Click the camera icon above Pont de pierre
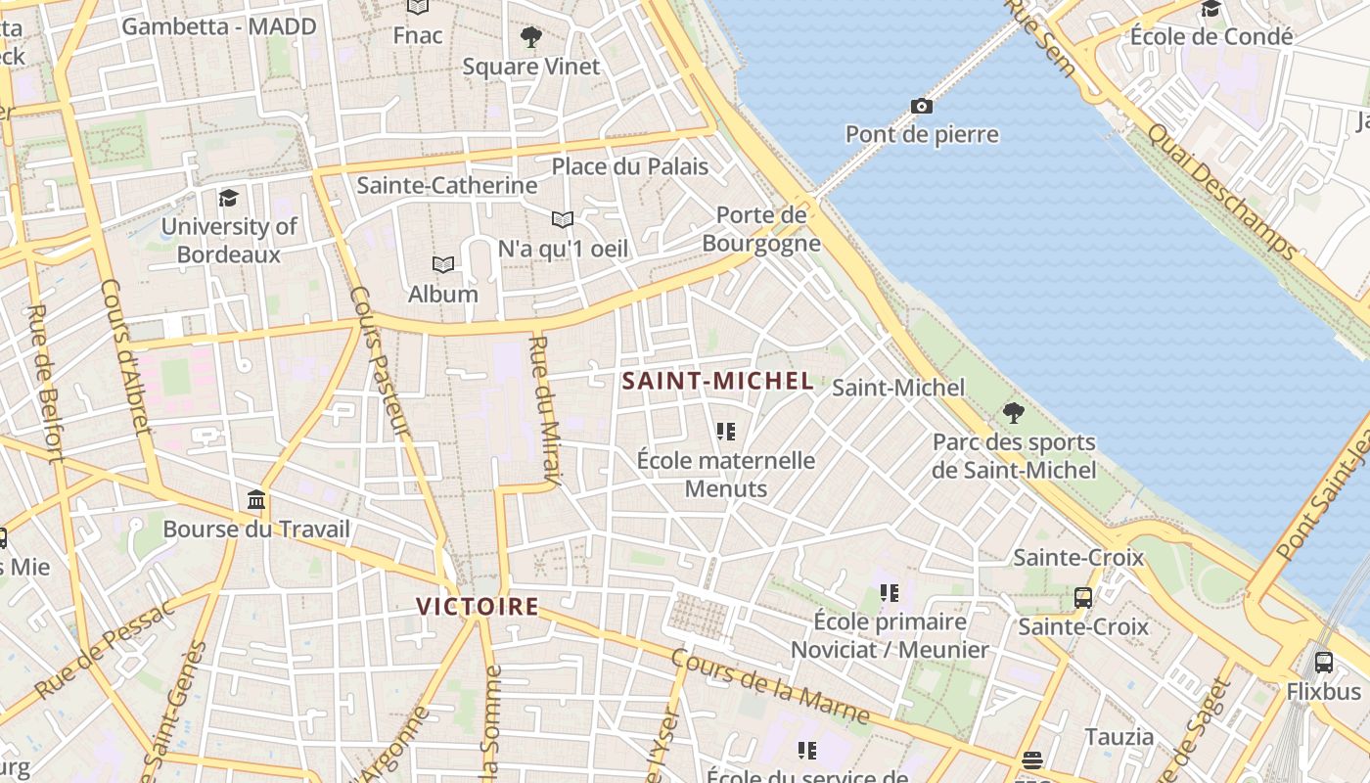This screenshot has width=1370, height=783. pyautogui.click(x=921, y=106)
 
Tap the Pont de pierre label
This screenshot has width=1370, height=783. pyautogui.click(x=922, y=134)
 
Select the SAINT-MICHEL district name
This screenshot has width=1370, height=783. pyautogui.click(x=717, y=381)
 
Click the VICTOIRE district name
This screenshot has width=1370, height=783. pyautogui.click(x=478, y=607)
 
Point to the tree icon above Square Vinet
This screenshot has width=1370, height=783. pyautogui.click(x=531, y=38)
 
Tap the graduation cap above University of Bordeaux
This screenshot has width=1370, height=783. pyautogui.click(x=228, y=198)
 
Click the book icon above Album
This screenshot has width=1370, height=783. pyautogui.click(x=443, y=264)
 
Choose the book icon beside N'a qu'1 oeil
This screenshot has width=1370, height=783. pyautogui.click(x=562, y=219)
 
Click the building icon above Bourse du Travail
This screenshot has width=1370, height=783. pyautogui.click(x=256, y=500)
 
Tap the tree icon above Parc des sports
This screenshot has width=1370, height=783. pyautogui.click(x=1014, y=413)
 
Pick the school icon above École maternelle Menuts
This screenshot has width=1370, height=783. pyautogui.click(x=725, y=431)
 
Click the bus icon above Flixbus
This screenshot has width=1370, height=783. pyautogui.click(x=1324, y=663)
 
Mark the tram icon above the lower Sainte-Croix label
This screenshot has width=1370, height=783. pyautogui.click(x=1083, y=597)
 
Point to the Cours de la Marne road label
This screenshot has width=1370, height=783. pyautogui.click(x=770, y=687)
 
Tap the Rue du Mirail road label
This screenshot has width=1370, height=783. pyautogui.click(x=544, y=411)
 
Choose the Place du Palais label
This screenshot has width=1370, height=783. pyautogui.click(x=629, y=166)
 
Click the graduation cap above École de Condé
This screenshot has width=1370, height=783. pyautogui.click(x=1211, y=9)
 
